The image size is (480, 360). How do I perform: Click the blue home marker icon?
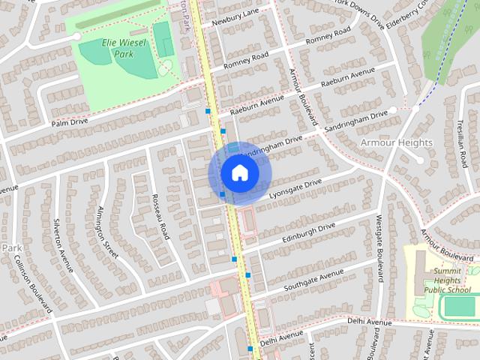click(239, 172)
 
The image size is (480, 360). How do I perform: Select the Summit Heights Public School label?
click(447, 280)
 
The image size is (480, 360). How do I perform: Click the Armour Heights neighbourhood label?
click(396, 142)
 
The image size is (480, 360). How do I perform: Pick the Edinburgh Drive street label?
click(308, 232)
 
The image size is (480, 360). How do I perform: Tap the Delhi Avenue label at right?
click(370, 321)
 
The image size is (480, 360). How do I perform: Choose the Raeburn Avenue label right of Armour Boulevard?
click(348, 77)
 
